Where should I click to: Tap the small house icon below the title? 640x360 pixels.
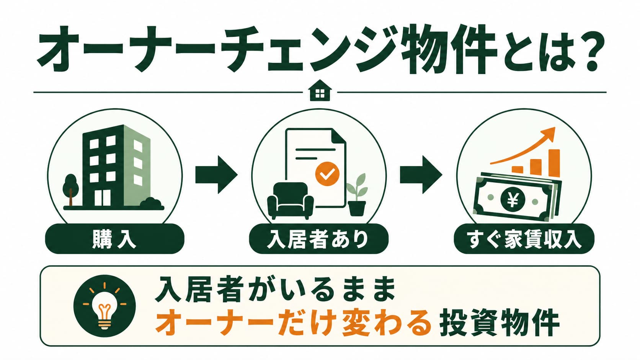pyautogui.click(x=320, y=90)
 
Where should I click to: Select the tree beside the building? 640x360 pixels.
pyautogui.click(x=70, y=189)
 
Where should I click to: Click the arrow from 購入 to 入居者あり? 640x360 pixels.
pyautogui.click(x=216, y=174)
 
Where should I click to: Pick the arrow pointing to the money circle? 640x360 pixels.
pyautogui.click(x=421, y=174)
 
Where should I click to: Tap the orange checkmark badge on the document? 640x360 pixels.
pyautogui.click(x=327, y=174)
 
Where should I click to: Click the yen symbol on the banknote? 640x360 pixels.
pyautogui.click(x=513, y=200)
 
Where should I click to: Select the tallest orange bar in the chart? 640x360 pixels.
pyautogui.click(x=554, y=163)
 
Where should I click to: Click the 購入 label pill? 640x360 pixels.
pyautogui.click(x=114, y=239)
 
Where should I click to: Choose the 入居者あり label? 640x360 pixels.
pyautogui.click(x=318, y=239)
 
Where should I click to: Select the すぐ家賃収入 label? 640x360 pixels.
pyautogui.click(x=524, y=239)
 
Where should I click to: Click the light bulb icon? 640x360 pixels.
pyautogui.click(x=104, y=305)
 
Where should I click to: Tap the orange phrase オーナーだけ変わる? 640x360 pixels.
pyautogui.click(x=293, y=326)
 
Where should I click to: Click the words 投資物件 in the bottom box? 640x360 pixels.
pyautogui.click(x=499, y=326)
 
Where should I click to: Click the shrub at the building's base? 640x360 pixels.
pyautogui.click(x=152, y=203)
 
